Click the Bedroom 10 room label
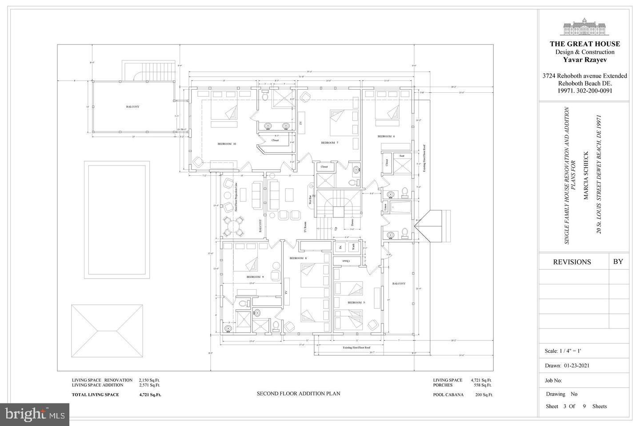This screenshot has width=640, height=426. pos(226,144)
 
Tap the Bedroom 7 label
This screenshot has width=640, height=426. pos(330,142)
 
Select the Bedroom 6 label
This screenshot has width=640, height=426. pos(386,136)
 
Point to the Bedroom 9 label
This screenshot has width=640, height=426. pos(255,277)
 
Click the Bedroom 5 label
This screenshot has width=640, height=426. pos(356,303)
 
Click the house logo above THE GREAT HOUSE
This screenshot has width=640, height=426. pos(584,28)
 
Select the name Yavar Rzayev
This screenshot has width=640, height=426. pos(584,59)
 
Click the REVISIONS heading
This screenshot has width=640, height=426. pos(572,262)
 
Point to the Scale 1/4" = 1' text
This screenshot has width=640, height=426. pos(563,351)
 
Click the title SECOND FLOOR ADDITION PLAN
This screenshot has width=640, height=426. pos(298,393)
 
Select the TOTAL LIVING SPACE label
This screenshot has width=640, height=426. pos(95,394)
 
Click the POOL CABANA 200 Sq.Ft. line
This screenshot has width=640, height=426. pos(463,394)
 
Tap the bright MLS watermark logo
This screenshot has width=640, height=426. pos(35,414)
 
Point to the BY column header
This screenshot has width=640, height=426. pos(618,261)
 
